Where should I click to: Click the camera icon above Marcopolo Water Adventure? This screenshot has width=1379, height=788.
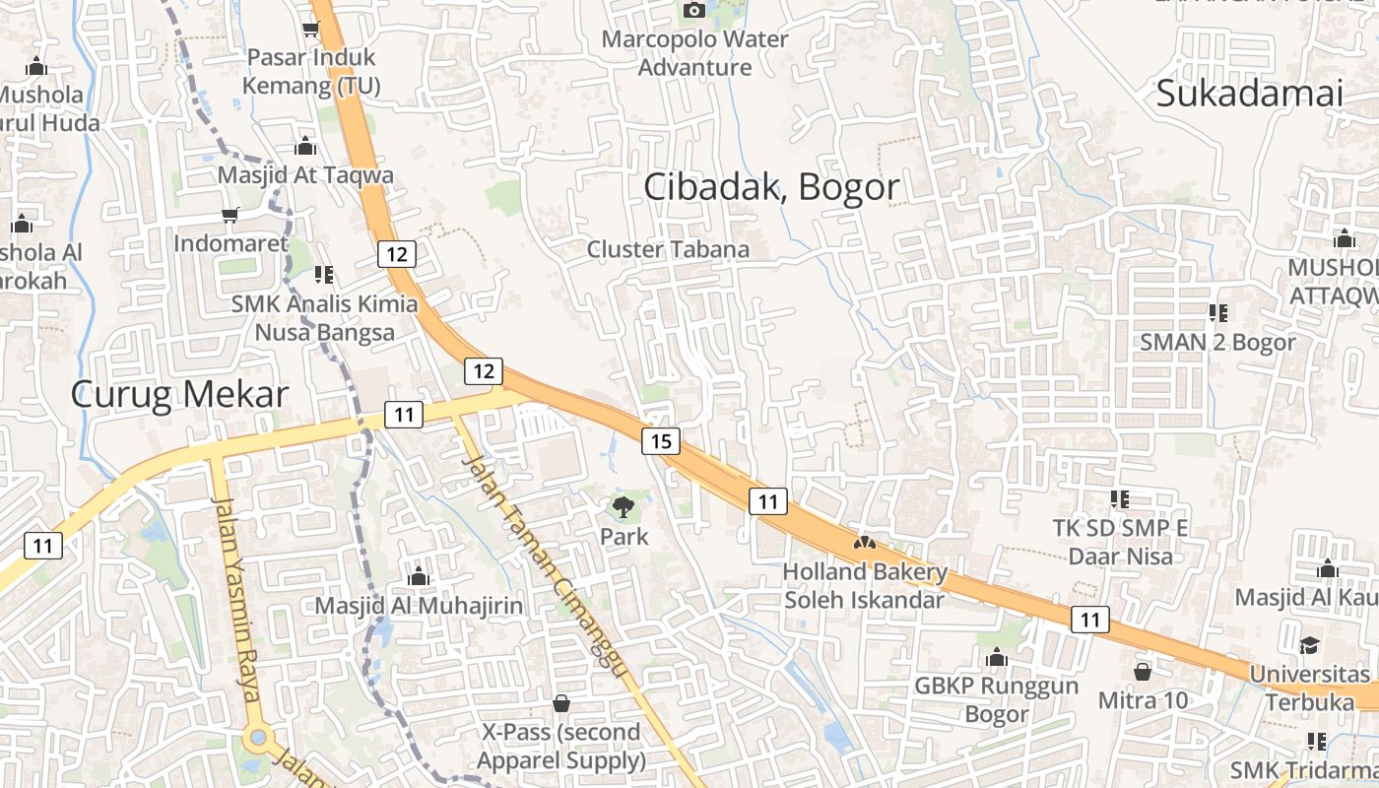pos(694,10)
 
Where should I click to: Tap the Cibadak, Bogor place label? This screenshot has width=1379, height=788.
pos(771,186)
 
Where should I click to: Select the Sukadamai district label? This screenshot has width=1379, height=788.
pos(1249,94)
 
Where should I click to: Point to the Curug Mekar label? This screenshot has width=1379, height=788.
pos(179,394)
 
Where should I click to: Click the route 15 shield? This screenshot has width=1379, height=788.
pos(661,441)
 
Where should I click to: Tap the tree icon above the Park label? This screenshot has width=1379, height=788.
pos(623,508)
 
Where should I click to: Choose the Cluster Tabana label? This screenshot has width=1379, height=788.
pos(668,249)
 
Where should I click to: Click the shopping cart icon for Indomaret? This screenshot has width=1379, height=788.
pos(230,215)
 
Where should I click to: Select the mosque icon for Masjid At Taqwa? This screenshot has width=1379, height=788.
pos(305,146)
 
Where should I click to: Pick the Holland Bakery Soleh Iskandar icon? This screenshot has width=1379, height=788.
pos(865,543)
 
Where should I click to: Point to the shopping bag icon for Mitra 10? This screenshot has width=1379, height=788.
pos(1143,672)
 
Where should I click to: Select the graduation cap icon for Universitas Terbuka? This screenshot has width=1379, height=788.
pos(1309,645)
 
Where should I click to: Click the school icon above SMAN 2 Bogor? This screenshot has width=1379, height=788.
pos(1217,313)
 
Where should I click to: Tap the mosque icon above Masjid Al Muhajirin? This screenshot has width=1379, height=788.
pos(419,576)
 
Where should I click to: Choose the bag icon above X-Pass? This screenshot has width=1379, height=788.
pos(561,703)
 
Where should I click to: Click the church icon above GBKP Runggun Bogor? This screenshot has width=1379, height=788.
pos(997,656)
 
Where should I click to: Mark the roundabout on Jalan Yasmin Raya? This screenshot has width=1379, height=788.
pos(258,737)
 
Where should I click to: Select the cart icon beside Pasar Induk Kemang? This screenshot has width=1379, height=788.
pos(311,30)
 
